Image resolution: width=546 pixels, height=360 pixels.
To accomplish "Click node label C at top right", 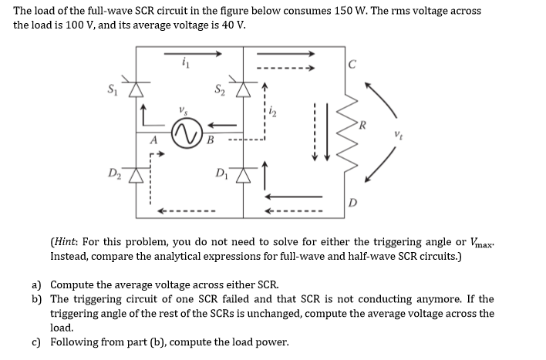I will (x=352, y=66).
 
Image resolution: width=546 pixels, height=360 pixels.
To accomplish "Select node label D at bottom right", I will (x=352, y=203).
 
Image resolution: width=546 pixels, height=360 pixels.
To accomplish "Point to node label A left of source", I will (x=154, y=140).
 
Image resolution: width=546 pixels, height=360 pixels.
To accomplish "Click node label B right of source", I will (x=209, y=140).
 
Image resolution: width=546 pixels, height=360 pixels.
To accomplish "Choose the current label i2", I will (x=271, y=116).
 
